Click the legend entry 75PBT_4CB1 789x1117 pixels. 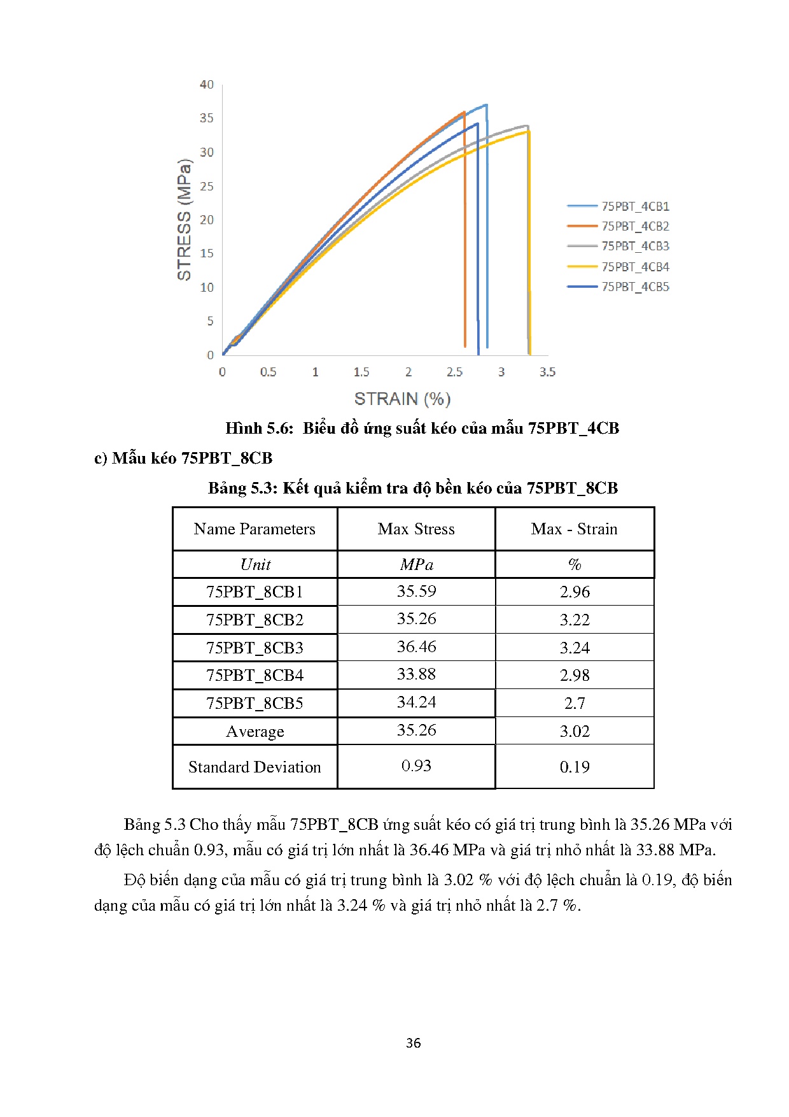(x=635, y=206)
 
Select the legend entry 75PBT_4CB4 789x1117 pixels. (x=635, y=267)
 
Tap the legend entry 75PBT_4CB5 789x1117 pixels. (x=635, y=287)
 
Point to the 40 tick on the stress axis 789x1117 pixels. (x=207, y=85)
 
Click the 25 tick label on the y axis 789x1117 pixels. (x=207, y=187)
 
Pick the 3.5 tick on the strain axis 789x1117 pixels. (x=547, y=372)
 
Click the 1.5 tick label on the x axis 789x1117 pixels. (x=361, y=372)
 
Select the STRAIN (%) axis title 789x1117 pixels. (x=402, y=399)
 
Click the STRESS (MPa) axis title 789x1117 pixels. (x=184, y=219)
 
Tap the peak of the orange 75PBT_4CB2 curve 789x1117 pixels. (x=464, y=113)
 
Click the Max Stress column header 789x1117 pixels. (x=416, y=529)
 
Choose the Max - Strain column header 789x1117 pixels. (x=574, y=529)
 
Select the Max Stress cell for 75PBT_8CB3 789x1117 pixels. (x=416, y=647)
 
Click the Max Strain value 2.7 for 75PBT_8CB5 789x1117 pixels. (x=574, y=703)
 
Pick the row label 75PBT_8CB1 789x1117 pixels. (x=255, y=592)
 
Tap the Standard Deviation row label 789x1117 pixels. (x=255, y=767)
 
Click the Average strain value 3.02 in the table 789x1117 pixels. (x=574, y=731)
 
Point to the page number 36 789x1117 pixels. (x=413, y=1043)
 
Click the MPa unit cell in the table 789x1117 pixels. (x=416, y=564)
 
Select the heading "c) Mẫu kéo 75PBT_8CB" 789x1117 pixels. (x=183, y=458)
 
